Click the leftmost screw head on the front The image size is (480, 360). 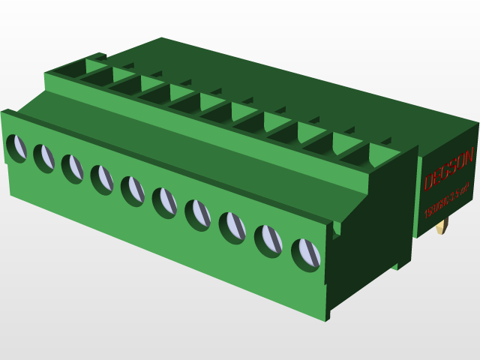pos(16,147)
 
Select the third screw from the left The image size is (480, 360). pos(72,168)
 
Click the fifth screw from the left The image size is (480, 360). pos(132,190)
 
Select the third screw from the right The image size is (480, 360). pos(232,226)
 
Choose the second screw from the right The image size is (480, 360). pos(268,239)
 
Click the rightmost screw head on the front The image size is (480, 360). pos(305,254)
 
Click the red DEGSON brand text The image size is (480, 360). pos(448,172)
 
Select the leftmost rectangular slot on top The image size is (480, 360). pos(70,69)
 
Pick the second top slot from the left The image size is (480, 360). pos(97,76)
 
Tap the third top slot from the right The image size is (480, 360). pos(283,133)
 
